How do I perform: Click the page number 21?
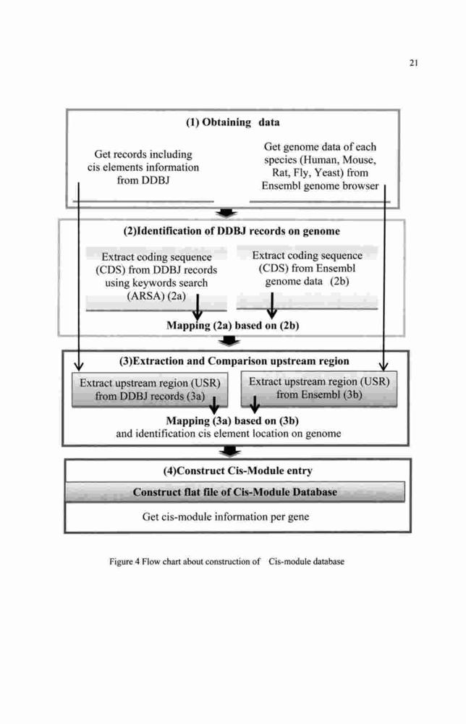coord(413,63)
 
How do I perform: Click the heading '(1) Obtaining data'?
coord(232,122)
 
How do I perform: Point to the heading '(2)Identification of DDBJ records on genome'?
coord(232,231)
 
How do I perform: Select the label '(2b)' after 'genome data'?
coord(339,281)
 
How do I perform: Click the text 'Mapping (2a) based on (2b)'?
coord(232,326)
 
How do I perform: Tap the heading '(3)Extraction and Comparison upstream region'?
coord(234,361)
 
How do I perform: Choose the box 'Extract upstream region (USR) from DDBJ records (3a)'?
coord(150,390)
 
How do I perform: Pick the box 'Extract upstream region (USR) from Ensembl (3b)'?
coord(319,389)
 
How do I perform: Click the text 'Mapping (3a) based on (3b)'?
coord(232,421)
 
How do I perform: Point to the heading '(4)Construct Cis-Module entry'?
coord(237,471)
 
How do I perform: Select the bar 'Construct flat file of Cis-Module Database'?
coord(235,492)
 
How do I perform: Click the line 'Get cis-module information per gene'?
coord(226,517)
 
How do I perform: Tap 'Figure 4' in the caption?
coord(124,562)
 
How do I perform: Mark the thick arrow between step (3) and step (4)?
coord(229,451)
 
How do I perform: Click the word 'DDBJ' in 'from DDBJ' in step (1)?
coord(155,180)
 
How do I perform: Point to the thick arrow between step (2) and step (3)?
coord(229,341)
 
